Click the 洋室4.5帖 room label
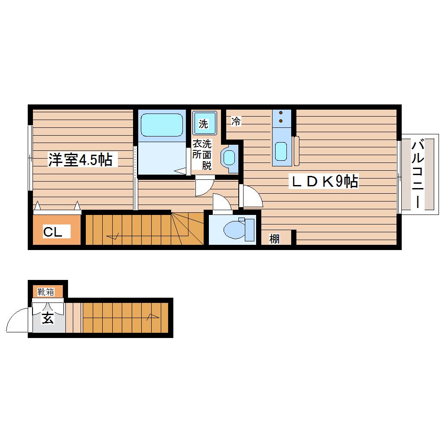(x=80, y=160)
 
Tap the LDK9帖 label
(x=325, y=182)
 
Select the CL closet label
(x=52, y=232)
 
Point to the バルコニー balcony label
(x=418, y=175)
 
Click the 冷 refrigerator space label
(x=236, y=121)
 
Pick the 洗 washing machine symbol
(x=205, y=123)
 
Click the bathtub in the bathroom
(x=162, y=125)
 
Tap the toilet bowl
(x=234, y=230)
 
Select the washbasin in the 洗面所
(x=229, y=157)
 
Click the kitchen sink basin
(x=281, y=151)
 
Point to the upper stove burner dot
(x=281, y=113)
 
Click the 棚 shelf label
(x=274, y=239)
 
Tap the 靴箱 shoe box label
(x=45, y=292)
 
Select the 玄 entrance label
(x=48, y=318)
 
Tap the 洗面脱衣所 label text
(x=202, y=154)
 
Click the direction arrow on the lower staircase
(x=153, y=318)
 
